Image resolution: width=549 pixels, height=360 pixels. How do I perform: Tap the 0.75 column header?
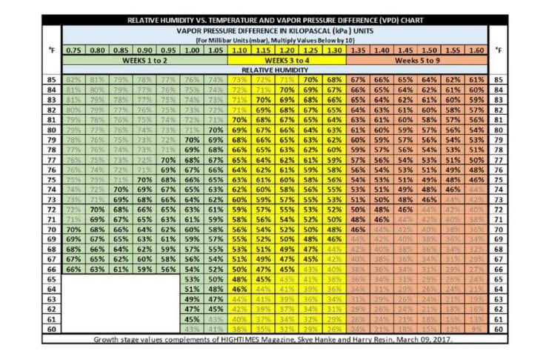[73, 49]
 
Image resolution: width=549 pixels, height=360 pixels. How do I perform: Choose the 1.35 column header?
[358, 49]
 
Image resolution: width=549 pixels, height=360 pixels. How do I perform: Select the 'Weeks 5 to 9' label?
[417, 59]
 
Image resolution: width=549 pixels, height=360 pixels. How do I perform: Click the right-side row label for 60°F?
[499, 328]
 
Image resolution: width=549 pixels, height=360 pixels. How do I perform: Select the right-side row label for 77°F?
[499, 159]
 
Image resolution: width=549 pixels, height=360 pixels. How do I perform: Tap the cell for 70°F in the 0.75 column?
[73, 229]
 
